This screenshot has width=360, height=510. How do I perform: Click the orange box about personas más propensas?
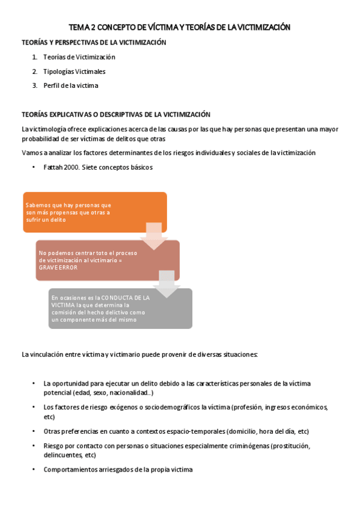(x=94, y=212)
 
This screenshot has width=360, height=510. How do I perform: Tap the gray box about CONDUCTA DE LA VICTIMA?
(x=120, y=309)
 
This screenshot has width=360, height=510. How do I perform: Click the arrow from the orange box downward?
(x=154, y=235)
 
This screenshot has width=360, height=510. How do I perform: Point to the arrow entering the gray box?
(x=167, y=283)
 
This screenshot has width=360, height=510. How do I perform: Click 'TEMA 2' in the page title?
(x=82, y=27)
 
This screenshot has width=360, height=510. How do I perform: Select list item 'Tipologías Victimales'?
(x=74, y=72)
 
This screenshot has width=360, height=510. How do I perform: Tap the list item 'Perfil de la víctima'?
(x=70, y=85)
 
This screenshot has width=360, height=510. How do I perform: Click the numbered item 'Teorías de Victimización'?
(x=79, y=57)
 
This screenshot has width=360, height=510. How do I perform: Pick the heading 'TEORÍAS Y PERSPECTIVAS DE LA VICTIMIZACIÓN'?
(x=94, y=43)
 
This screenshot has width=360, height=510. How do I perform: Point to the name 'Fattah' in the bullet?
(x=53, y=167)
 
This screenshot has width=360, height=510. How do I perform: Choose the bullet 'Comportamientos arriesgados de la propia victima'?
(x=118, y=470)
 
